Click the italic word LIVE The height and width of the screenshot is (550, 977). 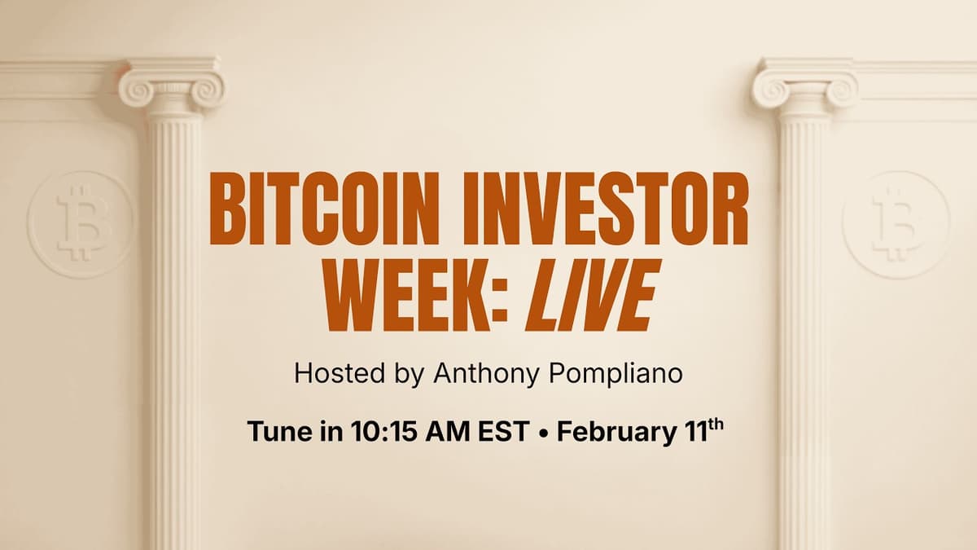tap(589, 294)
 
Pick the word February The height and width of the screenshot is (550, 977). tap(611, 431)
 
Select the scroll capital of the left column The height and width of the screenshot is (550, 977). tap(172, 88)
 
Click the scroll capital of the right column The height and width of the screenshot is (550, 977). tap(804, 88)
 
